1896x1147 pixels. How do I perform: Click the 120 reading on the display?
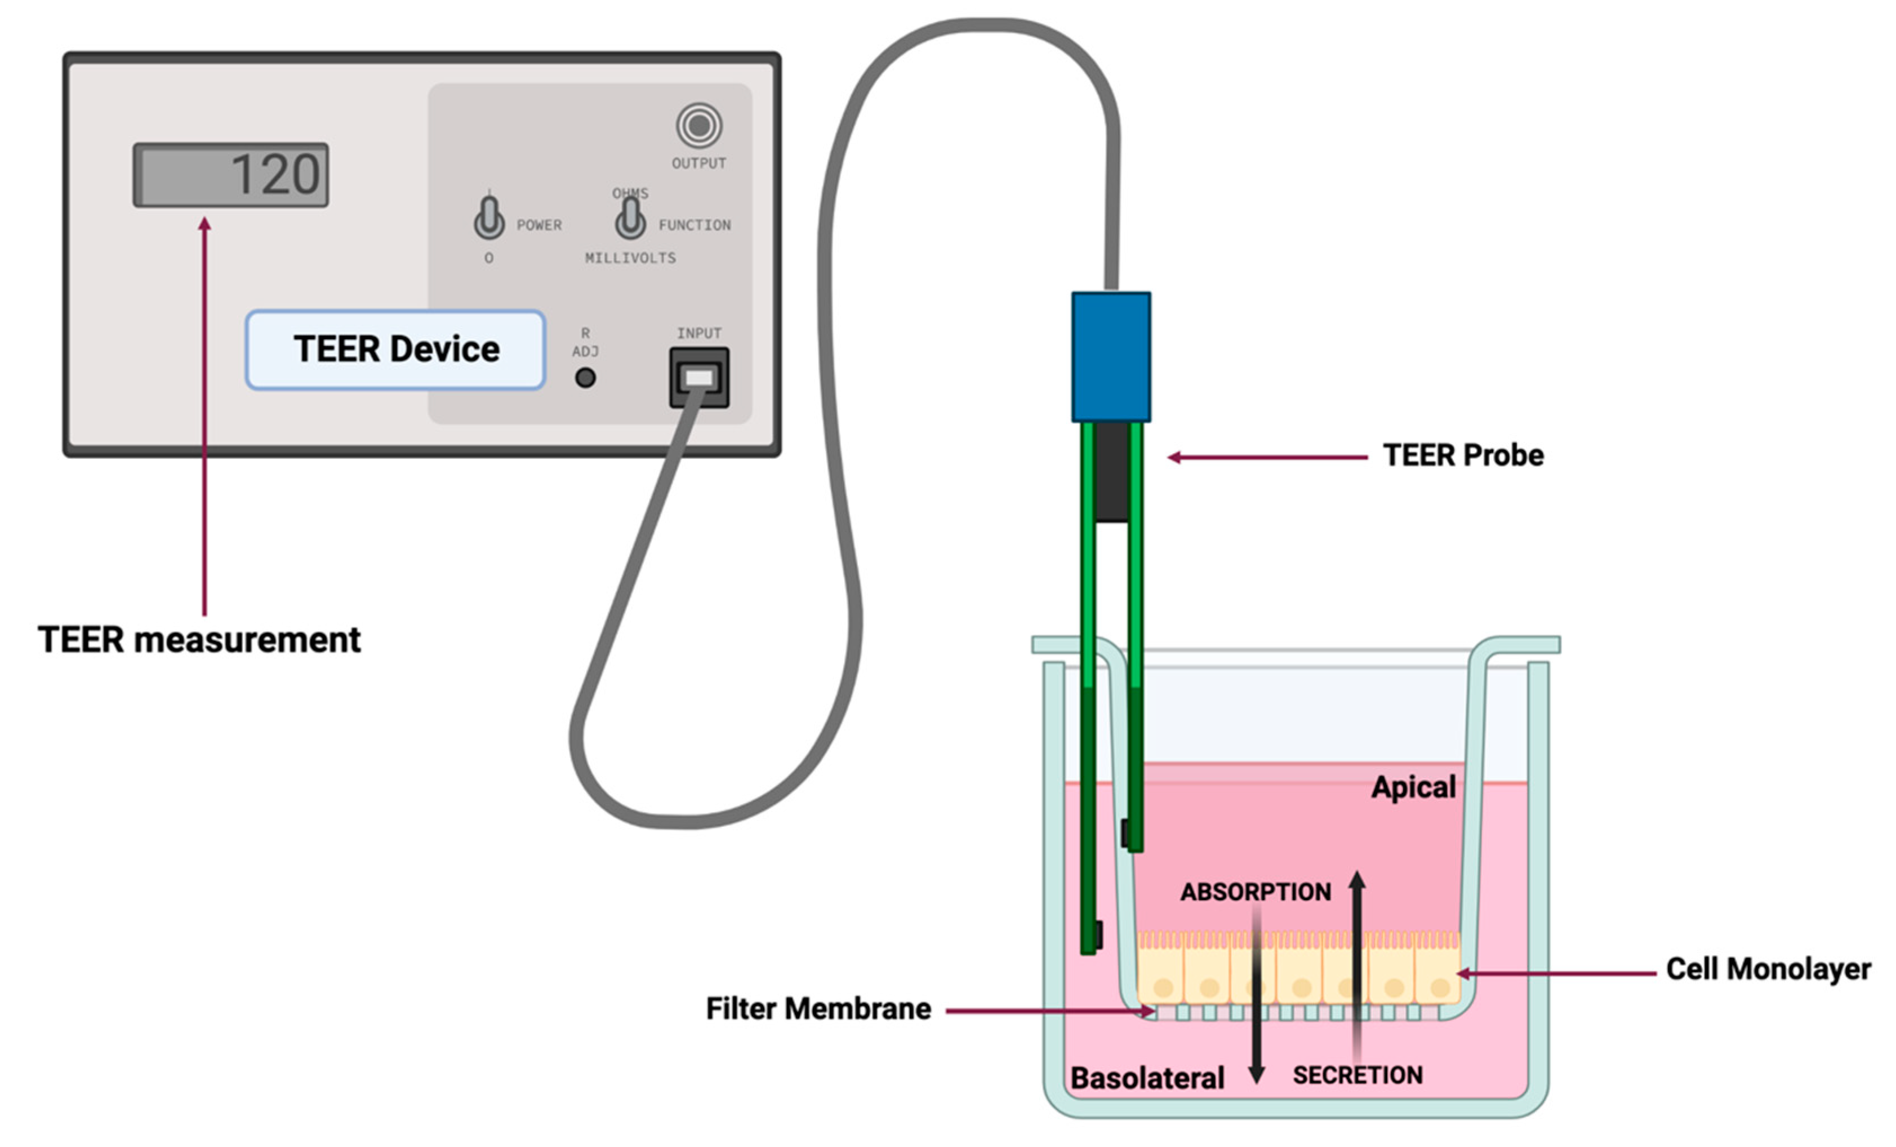(275, 175)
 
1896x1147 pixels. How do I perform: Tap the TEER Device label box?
(395, 349)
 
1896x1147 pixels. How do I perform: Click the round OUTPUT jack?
(698, 126)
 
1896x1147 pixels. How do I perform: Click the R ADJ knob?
(586, 378)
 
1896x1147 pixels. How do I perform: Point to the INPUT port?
(698, 377)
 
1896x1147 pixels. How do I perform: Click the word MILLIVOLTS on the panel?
(630, 258)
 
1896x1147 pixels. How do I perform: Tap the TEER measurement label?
(199, 640)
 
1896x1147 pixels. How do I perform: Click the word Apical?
(1413, 787)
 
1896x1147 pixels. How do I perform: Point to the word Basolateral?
(1146, 1078)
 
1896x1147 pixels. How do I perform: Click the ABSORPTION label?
(1256, 892)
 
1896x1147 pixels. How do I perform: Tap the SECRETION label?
(1358, 1075)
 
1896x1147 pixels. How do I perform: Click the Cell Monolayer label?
(1768, 969)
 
